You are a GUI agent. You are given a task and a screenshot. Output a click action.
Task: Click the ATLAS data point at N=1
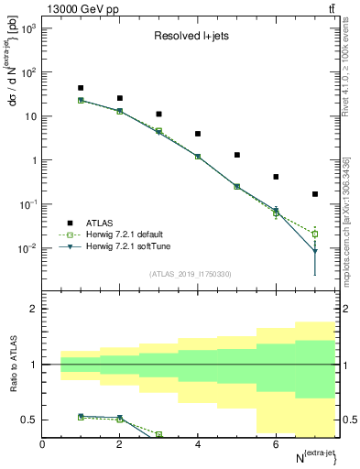(x=82, y=88)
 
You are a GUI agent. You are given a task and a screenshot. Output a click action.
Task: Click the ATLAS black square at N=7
(x=315, y=194)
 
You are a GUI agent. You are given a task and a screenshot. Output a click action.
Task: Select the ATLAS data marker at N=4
(x=198, y=134)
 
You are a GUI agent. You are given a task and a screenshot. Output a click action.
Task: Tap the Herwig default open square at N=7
(x=315, y=234)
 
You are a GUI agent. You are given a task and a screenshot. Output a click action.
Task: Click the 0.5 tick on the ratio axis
(x=29, y=420)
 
